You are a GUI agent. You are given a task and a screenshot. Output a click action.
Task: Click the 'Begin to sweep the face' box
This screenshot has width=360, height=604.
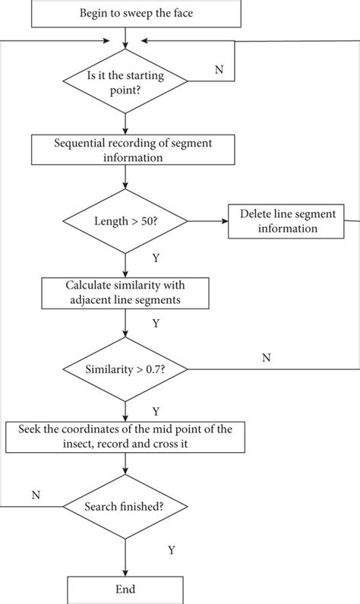point(125,13)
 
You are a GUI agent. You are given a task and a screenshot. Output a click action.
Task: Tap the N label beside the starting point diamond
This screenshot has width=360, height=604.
point(219,69)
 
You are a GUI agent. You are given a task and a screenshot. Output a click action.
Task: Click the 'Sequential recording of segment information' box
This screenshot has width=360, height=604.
point(125,149)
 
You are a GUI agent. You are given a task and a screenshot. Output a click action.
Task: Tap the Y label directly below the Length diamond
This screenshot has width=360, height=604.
point(156,258)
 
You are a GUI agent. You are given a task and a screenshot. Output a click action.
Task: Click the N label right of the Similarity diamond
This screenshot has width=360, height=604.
point(266,357)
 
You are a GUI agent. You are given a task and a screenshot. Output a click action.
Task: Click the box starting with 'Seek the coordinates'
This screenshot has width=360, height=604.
point(125,437)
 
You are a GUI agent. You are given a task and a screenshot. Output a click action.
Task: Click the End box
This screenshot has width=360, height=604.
point(125,589)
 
